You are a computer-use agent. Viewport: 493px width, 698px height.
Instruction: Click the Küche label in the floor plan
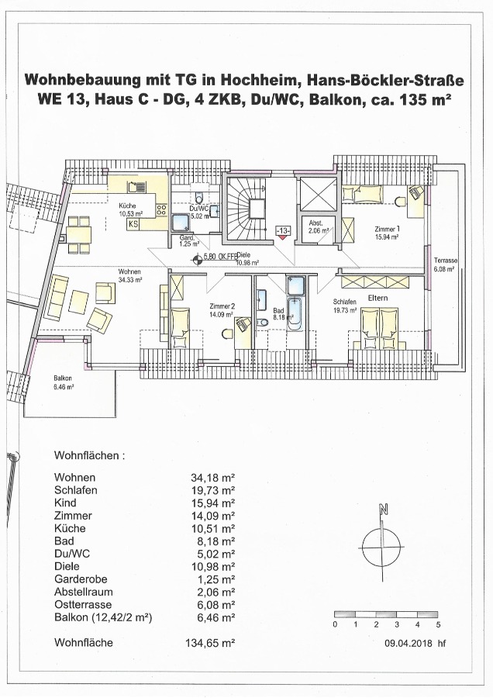pyautogui.click(x=127, y=205)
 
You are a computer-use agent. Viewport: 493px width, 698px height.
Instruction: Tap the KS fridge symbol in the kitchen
pyautogui.click(x=133, y=224)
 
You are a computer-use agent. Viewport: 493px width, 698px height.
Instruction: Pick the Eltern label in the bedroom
pyautogui.click(x=378, y=298)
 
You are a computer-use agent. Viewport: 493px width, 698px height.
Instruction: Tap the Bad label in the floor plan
pyautogui.click(x=278, y=309)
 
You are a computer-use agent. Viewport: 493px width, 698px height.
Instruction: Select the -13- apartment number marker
pyautogui.click(x=283, y=231)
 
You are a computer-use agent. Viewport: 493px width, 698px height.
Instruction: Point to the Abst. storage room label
pyautogui.click(x=315, y=223)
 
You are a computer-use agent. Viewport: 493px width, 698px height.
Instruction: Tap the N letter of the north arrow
pyautogui.click(x=382, y=510)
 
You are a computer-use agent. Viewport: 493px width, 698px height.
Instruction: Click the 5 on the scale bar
pyautogui.click(x=438, y=624)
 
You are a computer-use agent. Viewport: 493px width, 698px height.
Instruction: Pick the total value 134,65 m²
pyautogui.click(x=213, y=642)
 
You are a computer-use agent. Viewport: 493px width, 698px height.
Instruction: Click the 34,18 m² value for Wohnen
pyautogui.click(x=213, y=477)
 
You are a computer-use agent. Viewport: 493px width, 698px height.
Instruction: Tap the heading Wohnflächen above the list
pyautogui.click(x=89, y=455)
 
